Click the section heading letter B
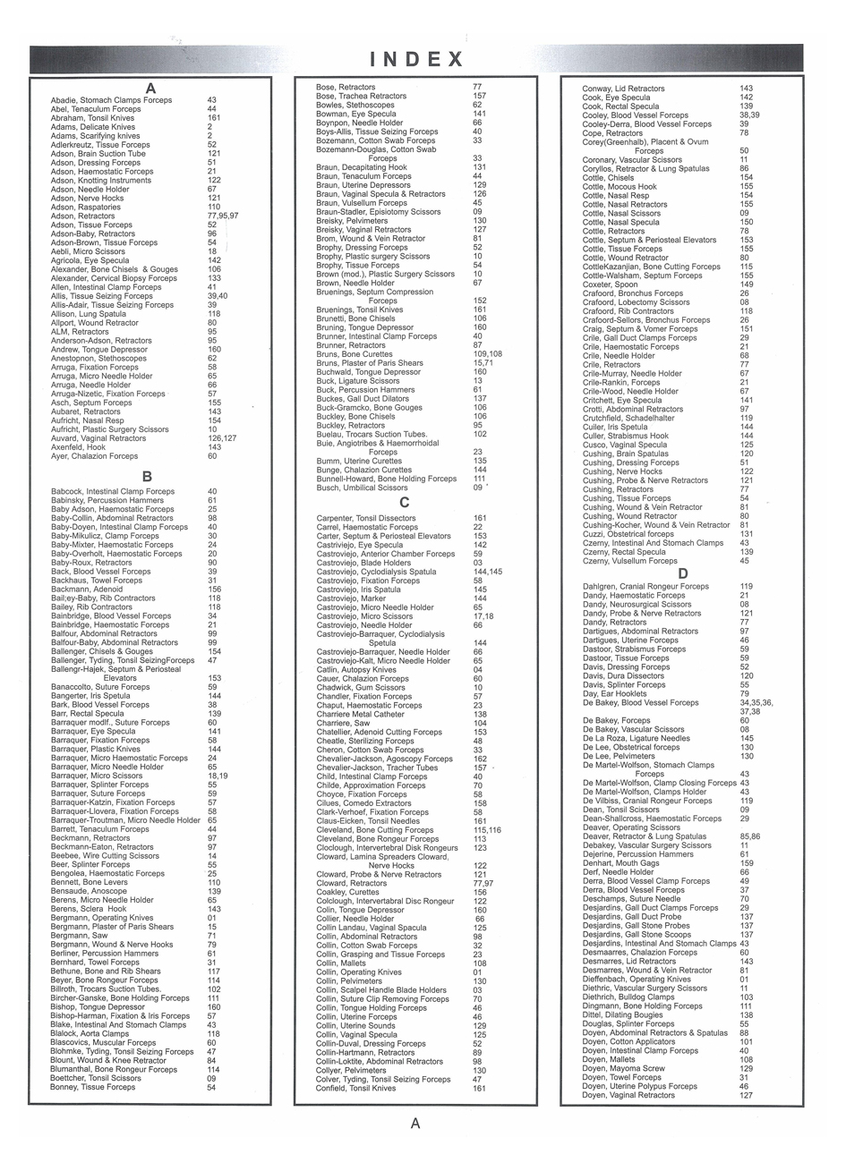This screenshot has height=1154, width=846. click(x=148, y=477)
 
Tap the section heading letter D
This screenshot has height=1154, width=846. click(x=683, y=573)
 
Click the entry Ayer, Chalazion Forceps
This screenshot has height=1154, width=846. click(x=94, y=456)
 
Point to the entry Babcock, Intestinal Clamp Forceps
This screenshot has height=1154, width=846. click(x=113, y=491)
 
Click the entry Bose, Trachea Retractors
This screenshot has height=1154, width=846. click(x=361, y=96)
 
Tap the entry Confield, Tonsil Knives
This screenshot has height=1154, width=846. click(x=355, y=1089)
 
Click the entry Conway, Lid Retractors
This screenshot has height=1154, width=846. click(x=623, y=89)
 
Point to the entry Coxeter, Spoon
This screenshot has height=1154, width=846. click(x=611, y=284)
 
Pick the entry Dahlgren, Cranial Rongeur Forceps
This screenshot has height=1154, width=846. click(x=645, y=587)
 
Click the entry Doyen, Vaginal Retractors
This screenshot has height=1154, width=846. click(x=628, y=1095)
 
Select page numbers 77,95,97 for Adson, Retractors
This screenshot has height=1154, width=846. click(x=223, y=216)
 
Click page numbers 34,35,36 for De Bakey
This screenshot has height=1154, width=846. click(x=756, y=703)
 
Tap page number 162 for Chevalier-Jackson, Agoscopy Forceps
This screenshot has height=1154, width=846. click(x=480, y=759)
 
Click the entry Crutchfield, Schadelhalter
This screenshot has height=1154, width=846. click(x=628, y=418)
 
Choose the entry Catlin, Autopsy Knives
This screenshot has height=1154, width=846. click(x=355, y=670)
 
